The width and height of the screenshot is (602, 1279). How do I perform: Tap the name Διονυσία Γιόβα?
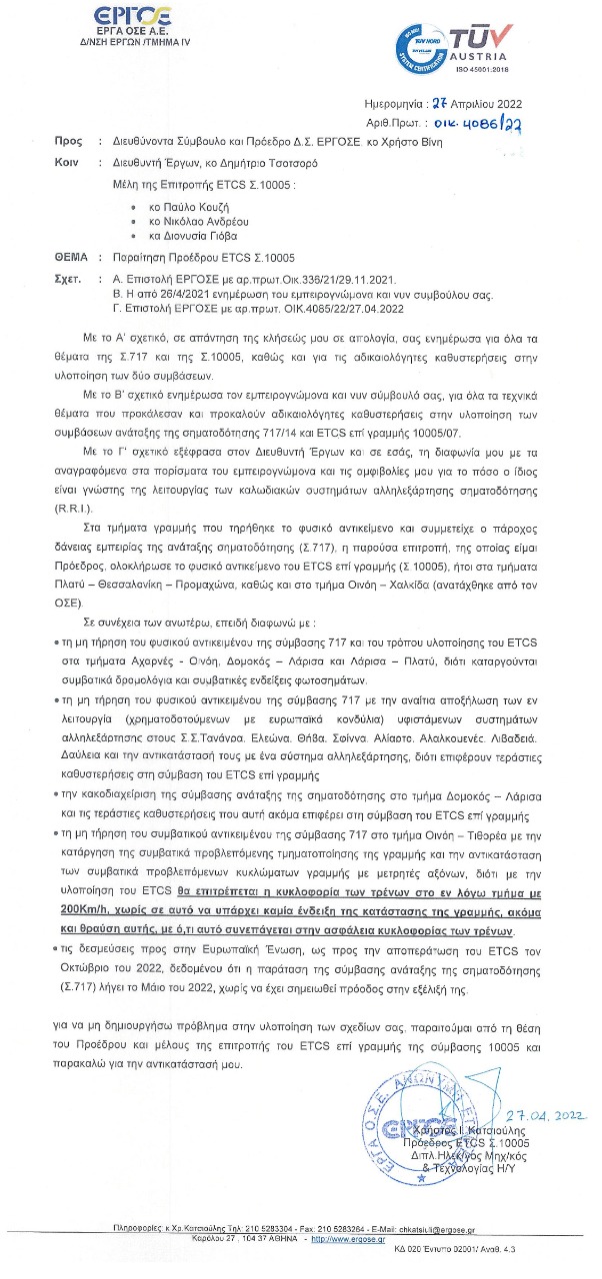[190, 237]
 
